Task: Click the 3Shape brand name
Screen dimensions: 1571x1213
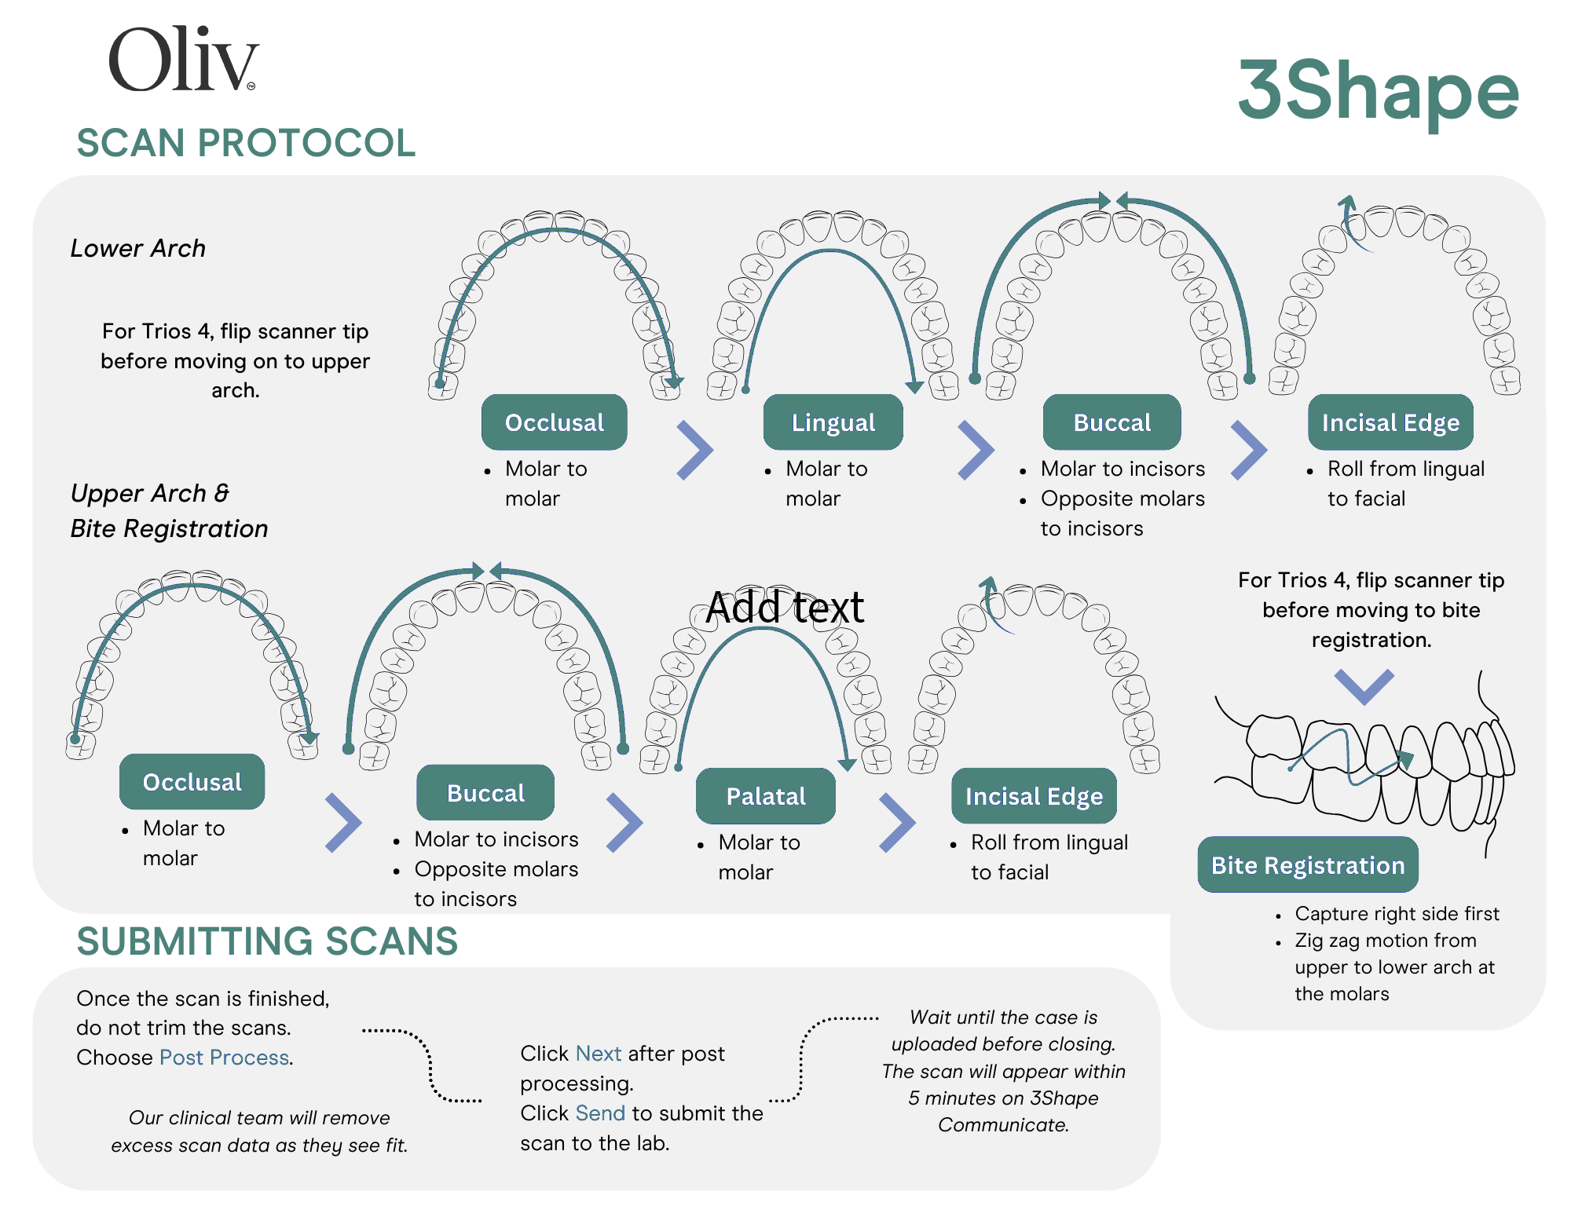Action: tap(1379, 92)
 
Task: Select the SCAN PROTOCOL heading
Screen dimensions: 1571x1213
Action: tap(246, 143)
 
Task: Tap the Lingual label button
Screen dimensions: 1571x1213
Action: tap(833, 422)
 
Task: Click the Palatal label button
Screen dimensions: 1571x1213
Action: tap(766, 796)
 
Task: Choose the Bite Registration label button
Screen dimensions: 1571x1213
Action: tap(1308, 865)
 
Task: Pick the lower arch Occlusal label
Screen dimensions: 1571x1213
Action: tap(555, 422)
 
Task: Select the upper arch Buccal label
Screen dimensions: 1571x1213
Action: tap(485, 793)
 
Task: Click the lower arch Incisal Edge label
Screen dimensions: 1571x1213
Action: tap(1390, 422)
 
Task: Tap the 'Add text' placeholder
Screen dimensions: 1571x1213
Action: tap(785, 607)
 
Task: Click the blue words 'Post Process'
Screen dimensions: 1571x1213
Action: tap(225, 1058)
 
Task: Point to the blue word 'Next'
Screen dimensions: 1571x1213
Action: tap(599, 1054)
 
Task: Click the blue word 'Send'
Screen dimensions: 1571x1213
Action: tap(600, 1113)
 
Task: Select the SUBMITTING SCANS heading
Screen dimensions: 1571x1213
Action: tap(267, 941)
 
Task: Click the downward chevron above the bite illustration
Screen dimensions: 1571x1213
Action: tap(1364, 686)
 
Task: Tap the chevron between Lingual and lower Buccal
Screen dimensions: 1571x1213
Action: tap(976, 450)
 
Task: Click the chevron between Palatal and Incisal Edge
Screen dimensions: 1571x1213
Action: tap(897, 823)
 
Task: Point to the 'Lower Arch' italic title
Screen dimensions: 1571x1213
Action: tap(138, 248)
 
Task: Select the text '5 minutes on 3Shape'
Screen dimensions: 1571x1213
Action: tap(1003, 1098)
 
